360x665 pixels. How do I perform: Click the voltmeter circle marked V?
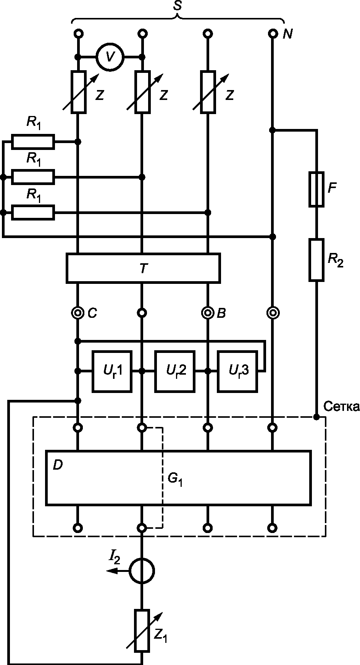click(x=110, y=57)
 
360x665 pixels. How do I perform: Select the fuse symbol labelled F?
click(x=316, y=189)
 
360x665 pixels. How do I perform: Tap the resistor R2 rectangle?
click(x=316, y=260)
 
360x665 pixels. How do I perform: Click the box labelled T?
click(x=143, y=268)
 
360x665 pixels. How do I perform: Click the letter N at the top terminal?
click(x=288, y=34)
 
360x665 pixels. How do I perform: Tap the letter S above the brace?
click(x=178, y=6)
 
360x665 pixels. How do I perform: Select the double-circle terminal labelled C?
click(x=78, y=313)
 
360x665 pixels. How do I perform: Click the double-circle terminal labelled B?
click(x=208, y=313)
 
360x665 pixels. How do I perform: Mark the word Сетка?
click(x=341, y=407)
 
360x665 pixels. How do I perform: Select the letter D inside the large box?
click(x=58, y=465)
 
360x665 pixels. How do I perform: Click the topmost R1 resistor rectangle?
click(x=33, y=142)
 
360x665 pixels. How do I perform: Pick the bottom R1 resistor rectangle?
click(x=33, y=213)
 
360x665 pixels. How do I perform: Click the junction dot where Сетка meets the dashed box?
click(x=316, y=417)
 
